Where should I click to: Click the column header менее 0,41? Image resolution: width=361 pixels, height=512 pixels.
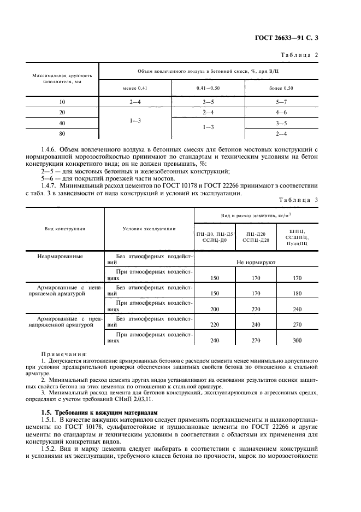135,88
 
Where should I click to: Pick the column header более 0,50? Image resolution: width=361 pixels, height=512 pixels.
281,88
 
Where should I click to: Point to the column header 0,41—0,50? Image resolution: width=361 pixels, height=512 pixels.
208,88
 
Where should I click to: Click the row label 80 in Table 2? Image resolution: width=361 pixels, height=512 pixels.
62,133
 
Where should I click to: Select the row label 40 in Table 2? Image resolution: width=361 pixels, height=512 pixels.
62,123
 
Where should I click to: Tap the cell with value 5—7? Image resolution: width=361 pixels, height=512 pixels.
281,102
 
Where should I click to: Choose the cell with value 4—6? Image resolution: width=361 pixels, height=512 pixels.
281,112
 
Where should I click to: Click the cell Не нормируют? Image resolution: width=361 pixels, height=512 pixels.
256,263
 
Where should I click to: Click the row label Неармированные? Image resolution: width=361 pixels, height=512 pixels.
60,256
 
